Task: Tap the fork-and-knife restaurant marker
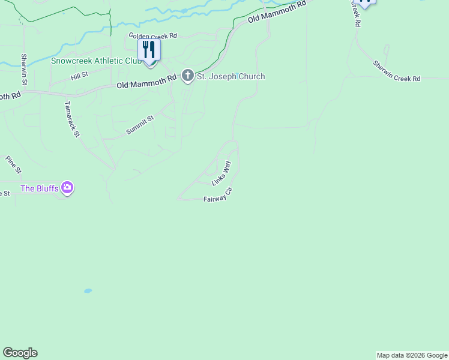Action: (x=149, y=50)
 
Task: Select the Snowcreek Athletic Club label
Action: (x=96, y=61)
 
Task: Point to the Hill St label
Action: (x=79, y=76)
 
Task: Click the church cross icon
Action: (x=187, y=76)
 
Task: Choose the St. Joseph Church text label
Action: (x=231, y=76)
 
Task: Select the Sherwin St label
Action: (x=25, y=68)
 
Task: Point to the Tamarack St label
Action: (x=72, y=118)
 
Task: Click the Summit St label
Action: (x=140, y=125)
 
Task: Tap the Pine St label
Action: (x=13, y=164)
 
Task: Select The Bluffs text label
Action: (x=40, y=188)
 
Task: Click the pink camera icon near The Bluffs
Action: (x=67, y=188)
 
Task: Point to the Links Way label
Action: (x=221, y=173)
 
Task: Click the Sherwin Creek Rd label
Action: (x=396, y=71)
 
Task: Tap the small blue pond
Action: (x=88, y=291)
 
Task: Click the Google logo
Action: (x=20, y=353)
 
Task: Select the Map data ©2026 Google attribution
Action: (x=412, y=355)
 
